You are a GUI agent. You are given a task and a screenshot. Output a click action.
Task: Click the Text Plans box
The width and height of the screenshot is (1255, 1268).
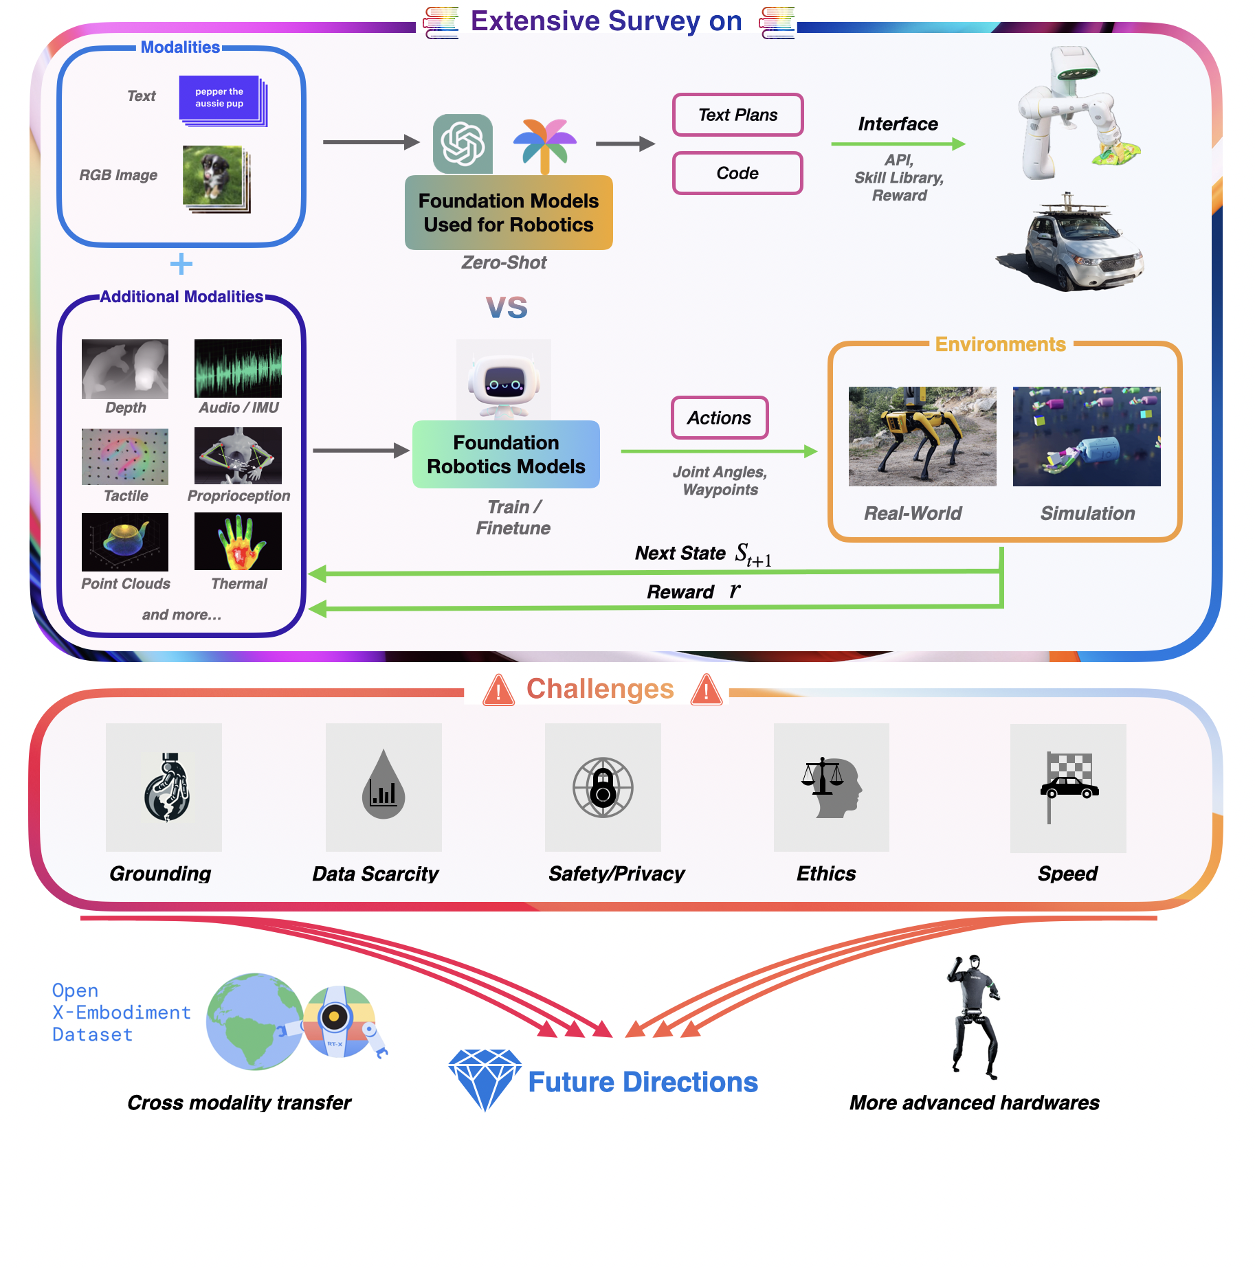click(x=737, y=115)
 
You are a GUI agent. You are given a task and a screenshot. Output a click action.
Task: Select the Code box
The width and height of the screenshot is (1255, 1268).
click(x=737, y=173)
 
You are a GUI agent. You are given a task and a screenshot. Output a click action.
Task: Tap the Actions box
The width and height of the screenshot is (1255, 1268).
click(x=719, y=418)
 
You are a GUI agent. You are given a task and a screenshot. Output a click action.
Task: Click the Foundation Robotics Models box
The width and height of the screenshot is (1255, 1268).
click(x=506, y=454)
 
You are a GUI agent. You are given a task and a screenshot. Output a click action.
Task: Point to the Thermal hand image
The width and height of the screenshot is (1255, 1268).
click(x=238, y=541)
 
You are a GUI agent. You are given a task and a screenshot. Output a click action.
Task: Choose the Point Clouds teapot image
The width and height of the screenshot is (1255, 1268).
click(x=125, y=542)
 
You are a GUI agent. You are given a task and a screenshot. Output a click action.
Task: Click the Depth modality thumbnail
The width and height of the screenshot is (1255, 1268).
click(x=125, y=369)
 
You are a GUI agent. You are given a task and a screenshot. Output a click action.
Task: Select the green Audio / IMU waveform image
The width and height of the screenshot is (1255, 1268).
click(x=238, y=369)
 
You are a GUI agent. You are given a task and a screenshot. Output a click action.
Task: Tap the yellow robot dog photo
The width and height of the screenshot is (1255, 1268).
click(x=922, y=436)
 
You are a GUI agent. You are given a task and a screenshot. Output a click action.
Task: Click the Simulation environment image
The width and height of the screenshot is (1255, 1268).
click(x=1086, y=436)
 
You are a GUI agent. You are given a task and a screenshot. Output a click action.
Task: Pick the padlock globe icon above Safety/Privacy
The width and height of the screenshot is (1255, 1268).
click(x=603, y=787)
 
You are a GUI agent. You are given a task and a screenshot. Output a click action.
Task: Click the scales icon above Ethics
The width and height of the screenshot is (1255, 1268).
click(x=831, y=787)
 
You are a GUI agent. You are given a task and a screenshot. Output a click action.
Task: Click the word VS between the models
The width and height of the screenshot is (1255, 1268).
click(x=507, y=308)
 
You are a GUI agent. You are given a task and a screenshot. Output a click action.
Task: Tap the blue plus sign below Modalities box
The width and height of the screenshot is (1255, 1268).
click(x=181, y=264)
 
